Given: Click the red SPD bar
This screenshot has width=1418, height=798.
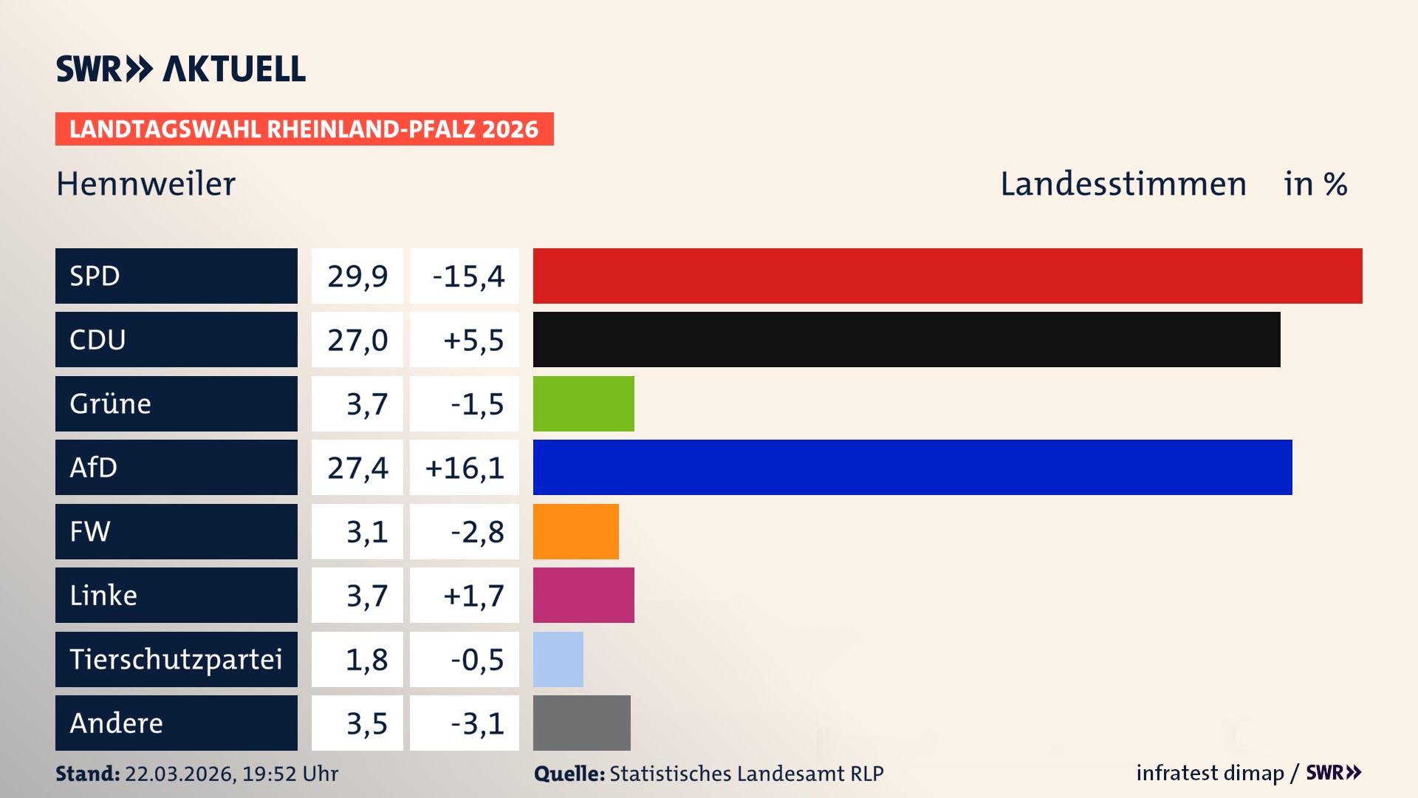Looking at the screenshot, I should pos(948,276).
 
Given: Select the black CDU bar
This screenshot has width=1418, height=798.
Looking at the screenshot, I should pos(906,340).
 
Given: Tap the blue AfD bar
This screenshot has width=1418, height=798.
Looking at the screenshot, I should pos(912,467).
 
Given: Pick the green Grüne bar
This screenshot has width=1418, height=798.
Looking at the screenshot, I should pos(583,403).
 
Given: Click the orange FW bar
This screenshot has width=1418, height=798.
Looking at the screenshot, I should pos(575,531).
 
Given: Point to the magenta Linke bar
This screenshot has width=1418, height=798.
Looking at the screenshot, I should pos(583,595).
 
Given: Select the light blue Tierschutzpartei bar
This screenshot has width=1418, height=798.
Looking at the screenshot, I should pos(558,659).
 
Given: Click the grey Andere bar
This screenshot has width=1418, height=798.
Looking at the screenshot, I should pos(581,723).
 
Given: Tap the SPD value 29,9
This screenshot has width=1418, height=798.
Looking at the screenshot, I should pos(357,276).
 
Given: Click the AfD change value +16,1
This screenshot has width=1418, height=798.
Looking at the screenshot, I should pos(465,468).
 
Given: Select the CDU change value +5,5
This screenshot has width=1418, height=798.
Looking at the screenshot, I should pos(473,340).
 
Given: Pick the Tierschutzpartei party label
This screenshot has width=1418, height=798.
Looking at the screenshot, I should pos(176,659).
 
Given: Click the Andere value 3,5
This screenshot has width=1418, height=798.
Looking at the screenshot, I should pos(366,723).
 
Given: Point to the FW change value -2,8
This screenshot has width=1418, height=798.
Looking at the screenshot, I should pos(477,532).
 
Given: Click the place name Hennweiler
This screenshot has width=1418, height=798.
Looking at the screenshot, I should pos(145,184).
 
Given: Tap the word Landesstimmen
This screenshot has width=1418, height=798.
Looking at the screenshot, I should pos(1123,184).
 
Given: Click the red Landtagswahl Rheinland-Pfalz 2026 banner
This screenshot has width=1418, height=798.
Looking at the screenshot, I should pos(304,129).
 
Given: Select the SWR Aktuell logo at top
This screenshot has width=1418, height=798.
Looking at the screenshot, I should pos(181,69).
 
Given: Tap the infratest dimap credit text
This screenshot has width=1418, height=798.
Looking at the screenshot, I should pos(1210,773).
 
